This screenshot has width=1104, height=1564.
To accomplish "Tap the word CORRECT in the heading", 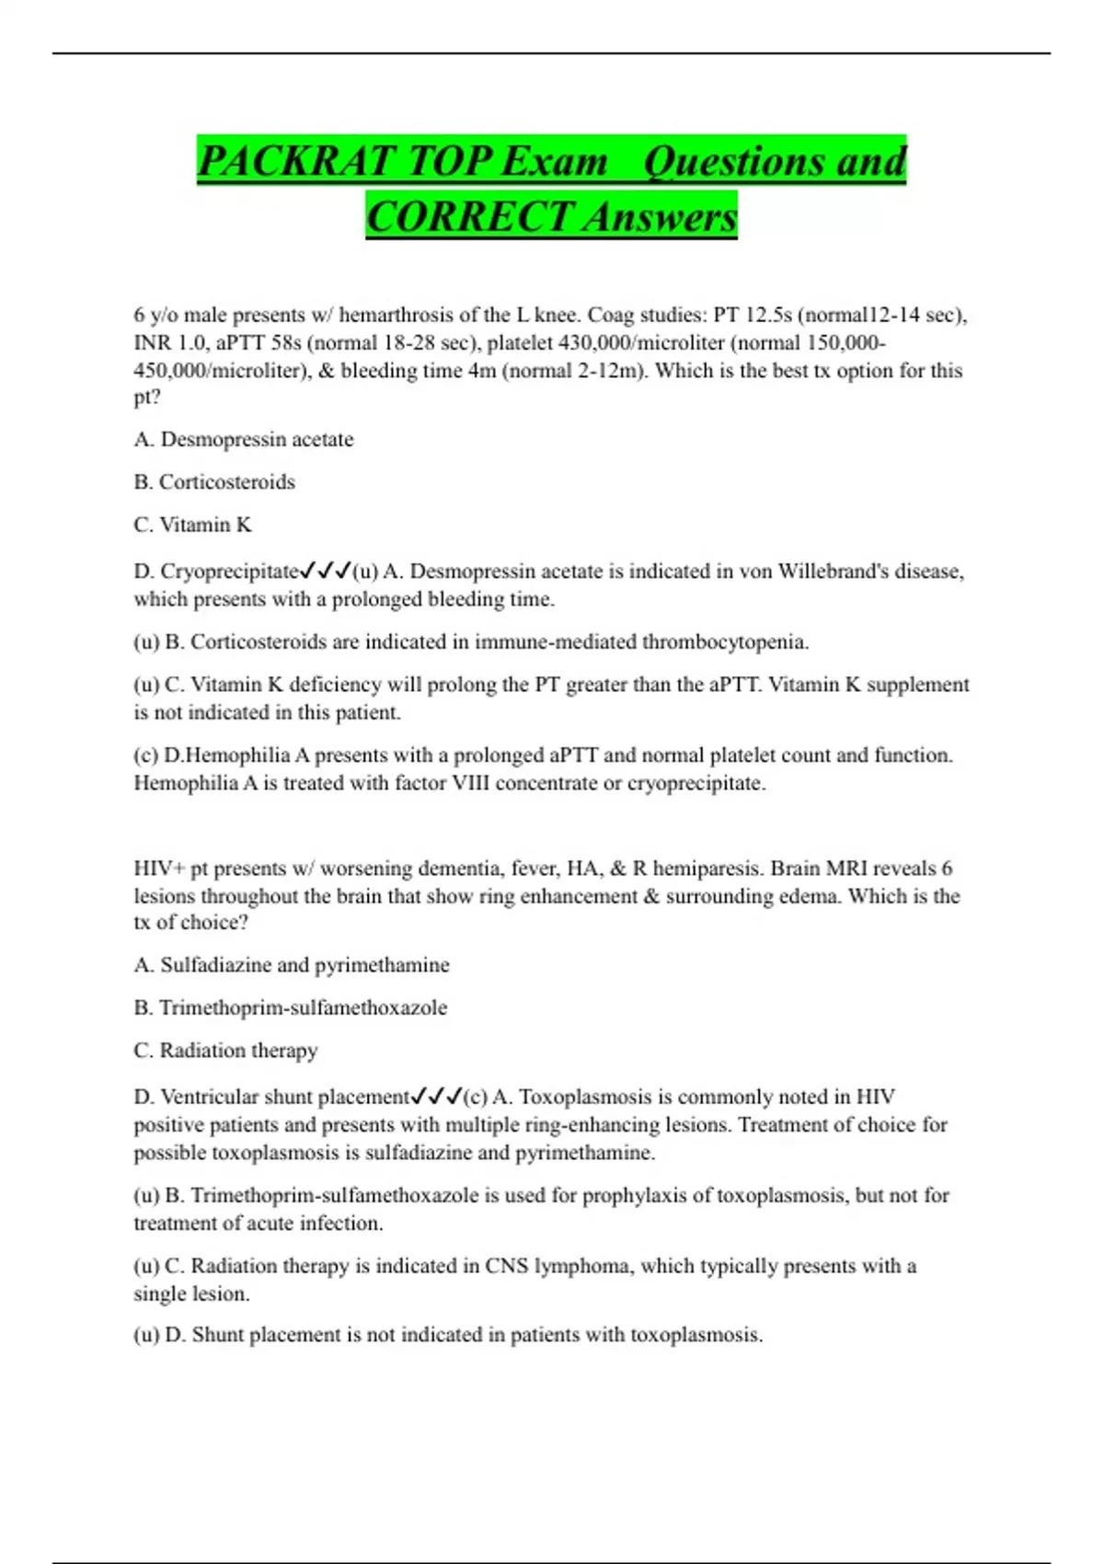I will pos(469,217).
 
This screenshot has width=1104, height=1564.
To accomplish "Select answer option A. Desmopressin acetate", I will pos(244,440).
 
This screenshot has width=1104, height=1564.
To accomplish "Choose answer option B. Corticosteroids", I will pos(214,482).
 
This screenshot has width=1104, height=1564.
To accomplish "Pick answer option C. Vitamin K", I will pos(192,524).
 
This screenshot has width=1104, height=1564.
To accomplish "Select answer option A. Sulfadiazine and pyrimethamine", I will pos(292,965).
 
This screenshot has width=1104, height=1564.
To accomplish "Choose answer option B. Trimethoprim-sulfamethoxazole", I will pos(291,1007).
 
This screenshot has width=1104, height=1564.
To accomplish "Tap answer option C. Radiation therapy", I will pos(225,1051).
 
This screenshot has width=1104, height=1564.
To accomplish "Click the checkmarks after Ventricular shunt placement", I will pos(436,1097).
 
